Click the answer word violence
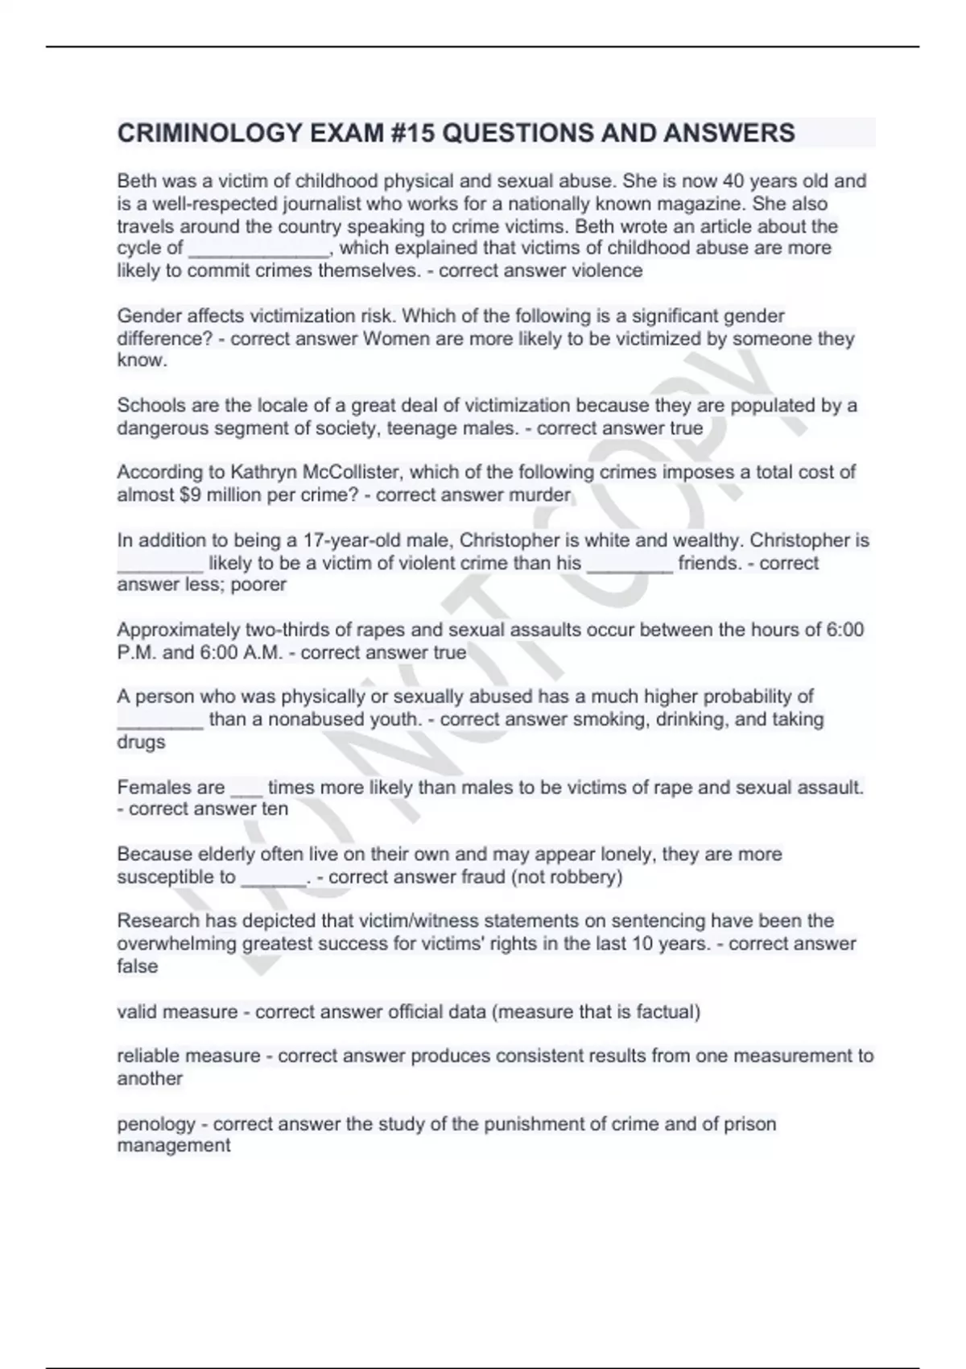pos(607,271)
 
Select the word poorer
pos(258,585)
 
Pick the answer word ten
pos(275,809)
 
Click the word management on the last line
pos(174,1146)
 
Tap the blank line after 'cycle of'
pos(258,249)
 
